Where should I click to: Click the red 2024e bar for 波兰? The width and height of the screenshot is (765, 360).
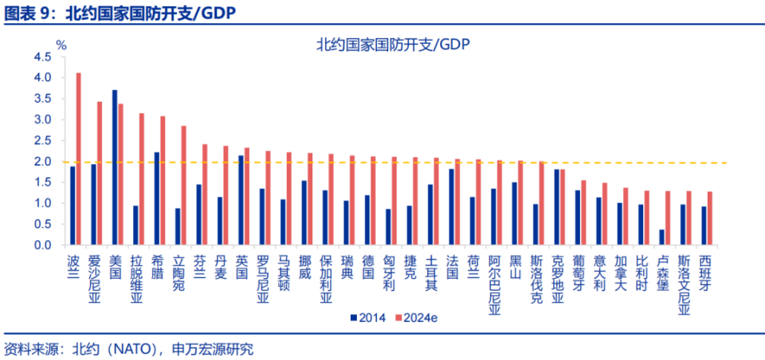pyautogui.click(x=78, y=159)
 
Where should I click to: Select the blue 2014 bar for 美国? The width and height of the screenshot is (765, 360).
pyautogui.click(x=115, y=167)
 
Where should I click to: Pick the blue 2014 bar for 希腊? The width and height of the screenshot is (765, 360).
pyautogui.click(x=157, y=198)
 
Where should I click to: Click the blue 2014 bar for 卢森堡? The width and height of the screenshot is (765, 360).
pyautogui.click(x=661, y=237)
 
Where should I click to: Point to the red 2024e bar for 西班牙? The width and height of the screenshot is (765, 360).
pyautogui.click(x=709, y=218)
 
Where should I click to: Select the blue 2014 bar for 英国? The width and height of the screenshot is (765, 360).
pyautogui.click(x=241, y=200)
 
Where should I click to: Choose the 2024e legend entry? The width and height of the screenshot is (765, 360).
pyautogui.click(x=418, y=318)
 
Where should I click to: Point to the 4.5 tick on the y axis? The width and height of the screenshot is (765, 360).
pyautogui.click(x=42, y=57)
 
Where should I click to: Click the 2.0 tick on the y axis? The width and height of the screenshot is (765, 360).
pyautogui.click(x=42, y=162)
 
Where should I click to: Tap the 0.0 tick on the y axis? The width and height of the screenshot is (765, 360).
pyautogui.click(x=42, y=245)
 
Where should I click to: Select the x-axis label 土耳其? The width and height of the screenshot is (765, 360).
pyautogui.click(x=431, y=273)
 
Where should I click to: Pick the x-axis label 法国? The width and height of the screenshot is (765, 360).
pyautogui.click(x=453, y=266)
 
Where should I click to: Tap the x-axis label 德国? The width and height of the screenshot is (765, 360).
pyautogui.click(x=368, y=266)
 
